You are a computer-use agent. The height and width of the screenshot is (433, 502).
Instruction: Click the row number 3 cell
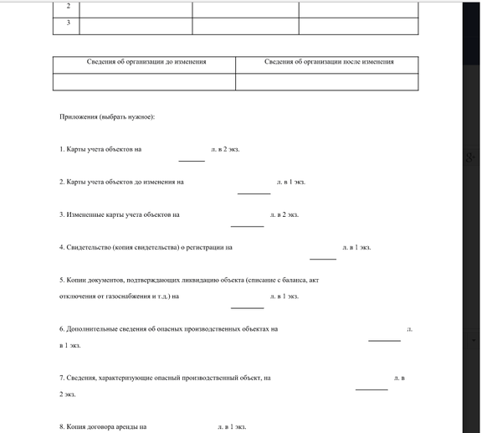tap(67, 23)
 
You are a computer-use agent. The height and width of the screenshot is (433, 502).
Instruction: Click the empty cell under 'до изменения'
tap(144, 81)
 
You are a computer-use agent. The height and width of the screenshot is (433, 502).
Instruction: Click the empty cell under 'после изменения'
tap(326, 81)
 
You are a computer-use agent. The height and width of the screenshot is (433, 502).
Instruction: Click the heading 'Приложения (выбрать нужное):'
tap(106, 116)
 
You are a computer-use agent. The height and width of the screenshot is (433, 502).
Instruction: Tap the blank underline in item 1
tap(192, 160)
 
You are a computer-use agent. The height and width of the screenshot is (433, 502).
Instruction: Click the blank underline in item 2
tap(254, 193)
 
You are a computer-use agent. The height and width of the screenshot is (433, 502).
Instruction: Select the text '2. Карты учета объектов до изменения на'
tap(121, 182)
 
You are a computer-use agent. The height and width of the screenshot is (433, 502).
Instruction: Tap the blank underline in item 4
tap(322, 259)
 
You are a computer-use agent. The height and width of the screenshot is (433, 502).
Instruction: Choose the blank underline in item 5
tap(247, 307)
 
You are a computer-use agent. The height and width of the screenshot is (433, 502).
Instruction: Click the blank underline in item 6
tap(384, 341)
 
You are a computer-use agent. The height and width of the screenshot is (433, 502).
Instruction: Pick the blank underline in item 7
tap(371, 389)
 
